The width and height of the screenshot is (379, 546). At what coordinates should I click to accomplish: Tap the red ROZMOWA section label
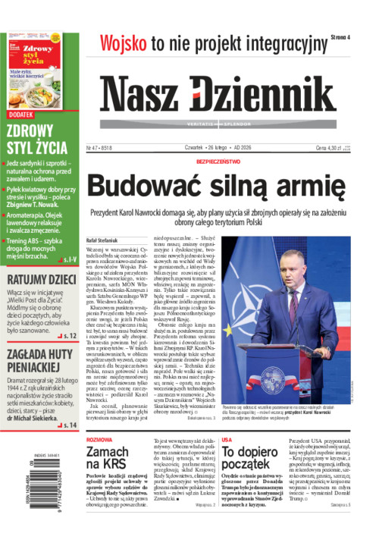(x=100, y=439)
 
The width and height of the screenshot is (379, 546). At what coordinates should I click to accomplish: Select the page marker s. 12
(x=70, y=334)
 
